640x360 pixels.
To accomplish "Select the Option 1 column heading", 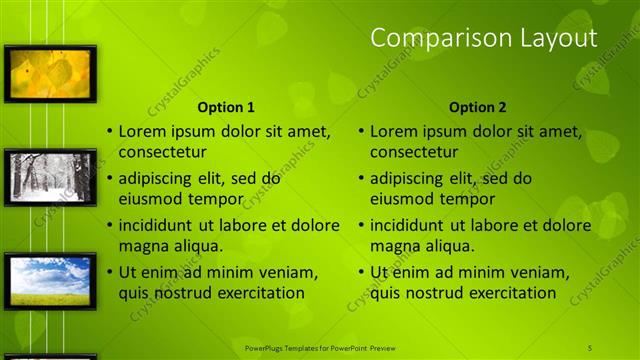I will click(226, 107).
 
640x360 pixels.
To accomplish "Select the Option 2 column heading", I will click(477, 107).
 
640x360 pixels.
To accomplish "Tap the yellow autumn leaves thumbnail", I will click(50, 73).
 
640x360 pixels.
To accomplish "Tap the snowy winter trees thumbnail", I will click(50, 177).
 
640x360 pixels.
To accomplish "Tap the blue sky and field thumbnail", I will click(50, 280).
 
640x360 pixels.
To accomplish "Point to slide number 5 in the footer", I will click(590, 347).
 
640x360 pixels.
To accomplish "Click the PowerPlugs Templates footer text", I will click(320, 347).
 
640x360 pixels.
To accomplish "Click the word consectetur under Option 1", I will click(163, 153).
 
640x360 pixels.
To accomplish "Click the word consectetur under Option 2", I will click(414, 153).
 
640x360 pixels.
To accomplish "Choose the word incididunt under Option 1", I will click(159, 225).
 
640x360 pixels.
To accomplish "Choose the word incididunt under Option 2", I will click(410, 225).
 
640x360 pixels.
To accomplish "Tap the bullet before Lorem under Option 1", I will click(109, 132).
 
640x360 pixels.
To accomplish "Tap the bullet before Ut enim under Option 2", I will click(360, 272).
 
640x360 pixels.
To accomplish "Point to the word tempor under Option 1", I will click(218, 198).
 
